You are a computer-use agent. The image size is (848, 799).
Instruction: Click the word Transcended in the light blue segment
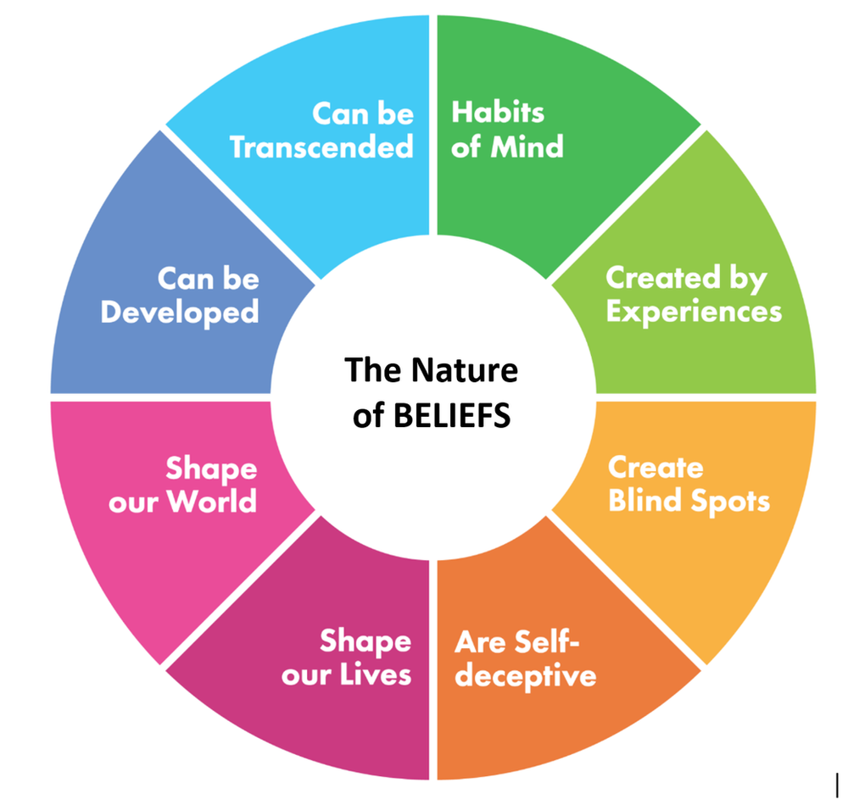[321, 147]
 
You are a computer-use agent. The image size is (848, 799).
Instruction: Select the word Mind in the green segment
[526, 147]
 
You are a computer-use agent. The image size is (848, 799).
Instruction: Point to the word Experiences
[694, 312]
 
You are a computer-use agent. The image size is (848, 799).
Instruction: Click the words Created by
[686, 278]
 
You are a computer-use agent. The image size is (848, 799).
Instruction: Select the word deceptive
[525, 677]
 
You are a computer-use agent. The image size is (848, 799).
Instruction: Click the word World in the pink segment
[211, 502]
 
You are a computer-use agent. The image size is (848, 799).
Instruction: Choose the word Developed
[180, 313]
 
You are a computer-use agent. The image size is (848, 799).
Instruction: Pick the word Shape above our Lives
[365, 641]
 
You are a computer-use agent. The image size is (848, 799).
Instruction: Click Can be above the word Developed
[209, 278]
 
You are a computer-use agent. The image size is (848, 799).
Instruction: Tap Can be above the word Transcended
[363, 113]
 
